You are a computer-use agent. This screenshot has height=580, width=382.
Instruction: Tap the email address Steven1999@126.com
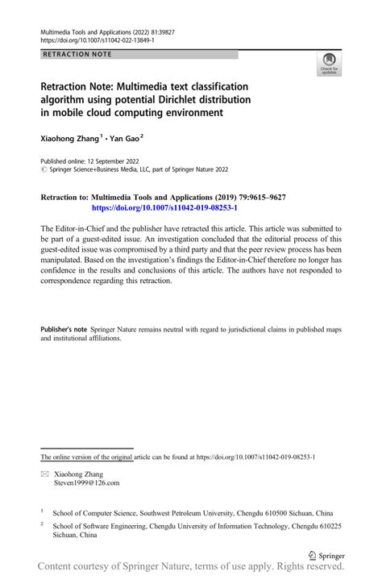[x=86, y=482]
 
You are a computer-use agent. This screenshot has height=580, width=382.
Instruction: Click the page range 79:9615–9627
[x=256, y=197]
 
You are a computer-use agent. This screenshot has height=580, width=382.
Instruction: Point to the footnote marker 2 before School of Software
[x=42, y=523]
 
